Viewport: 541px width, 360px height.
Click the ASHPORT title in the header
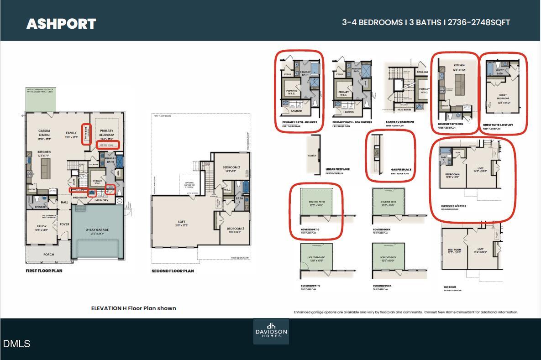61,24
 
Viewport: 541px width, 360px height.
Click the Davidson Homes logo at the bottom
271,331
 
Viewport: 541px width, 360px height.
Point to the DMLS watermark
16,344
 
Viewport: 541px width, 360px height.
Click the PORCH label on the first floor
48,255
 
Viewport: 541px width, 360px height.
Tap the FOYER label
64,224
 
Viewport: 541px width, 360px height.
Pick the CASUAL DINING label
44,133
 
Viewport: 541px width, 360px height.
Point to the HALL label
64,202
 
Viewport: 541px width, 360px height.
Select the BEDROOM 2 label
231,167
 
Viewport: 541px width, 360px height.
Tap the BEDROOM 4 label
452,174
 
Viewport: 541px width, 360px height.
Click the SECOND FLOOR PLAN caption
173,271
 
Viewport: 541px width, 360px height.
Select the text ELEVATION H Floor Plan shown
133,308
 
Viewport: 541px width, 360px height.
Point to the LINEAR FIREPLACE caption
337,169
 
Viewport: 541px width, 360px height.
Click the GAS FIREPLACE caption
401,169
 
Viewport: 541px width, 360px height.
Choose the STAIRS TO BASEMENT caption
400,122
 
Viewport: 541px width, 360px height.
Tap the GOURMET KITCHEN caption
450,124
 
